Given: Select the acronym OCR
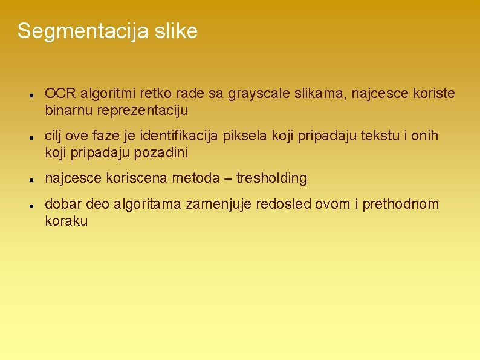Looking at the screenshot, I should [59, 94].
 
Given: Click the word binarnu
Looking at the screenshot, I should [67, 111].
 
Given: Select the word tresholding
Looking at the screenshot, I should [271, 178].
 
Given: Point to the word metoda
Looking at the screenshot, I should [194, 178].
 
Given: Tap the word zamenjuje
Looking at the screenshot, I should [219, 205].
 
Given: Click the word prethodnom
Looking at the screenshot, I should [401, 205].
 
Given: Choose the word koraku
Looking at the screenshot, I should [66, 221].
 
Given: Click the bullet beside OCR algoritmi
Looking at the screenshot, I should [30, 96].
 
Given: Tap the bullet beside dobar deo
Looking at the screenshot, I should [30, 206].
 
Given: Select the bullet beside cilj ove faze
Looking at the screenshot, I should [30, 138].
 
